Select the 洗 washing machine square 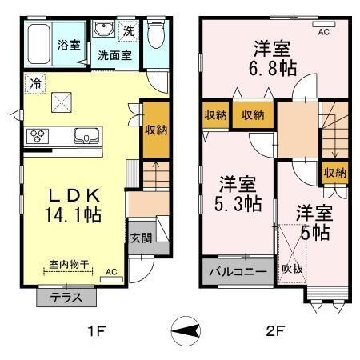(x=129, y=31)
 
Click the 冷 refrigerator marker (x=34, y=82)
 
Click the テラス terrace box (x=66, y=296)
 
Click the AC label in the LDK (x=111, y=272)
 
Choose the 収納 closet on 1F (x=156, y=130)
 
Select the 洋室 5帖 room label (x=313, y=222)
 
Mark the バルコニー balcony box (x=238, y=272)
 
